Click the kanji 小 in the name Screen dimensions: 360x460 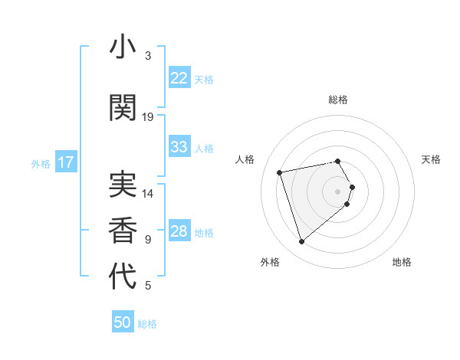coord(123,47)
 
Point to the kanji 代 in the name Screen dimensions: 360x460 coord(123,277)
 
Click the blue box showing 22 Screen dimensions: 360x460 coord(179,78)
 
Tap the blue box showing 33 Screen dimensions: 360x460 coord(179,147)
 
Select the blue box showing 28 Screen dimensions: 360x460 coord(179,231)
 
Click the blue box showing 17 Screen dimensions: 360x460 coord(65,162)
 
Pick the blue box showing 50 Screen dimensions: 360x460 coord(123,322)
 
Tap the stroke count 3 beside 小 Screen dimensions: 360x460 coord(148,55)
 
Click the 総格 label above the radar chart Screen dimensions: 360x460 coord(338,100)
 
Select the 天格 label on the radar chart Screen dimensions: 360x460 coord(432,159)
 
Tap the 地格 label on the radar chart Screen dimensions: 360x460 coord(402,262)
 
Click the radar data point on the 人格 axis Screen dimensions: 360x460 coord(280,172)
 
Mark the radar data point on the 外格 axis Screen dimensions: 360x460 coord(301,242)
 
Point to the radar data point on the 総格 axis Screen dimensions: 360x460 coord(338,161)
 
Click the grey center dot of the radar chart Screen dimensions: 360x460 coord(338,191)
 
